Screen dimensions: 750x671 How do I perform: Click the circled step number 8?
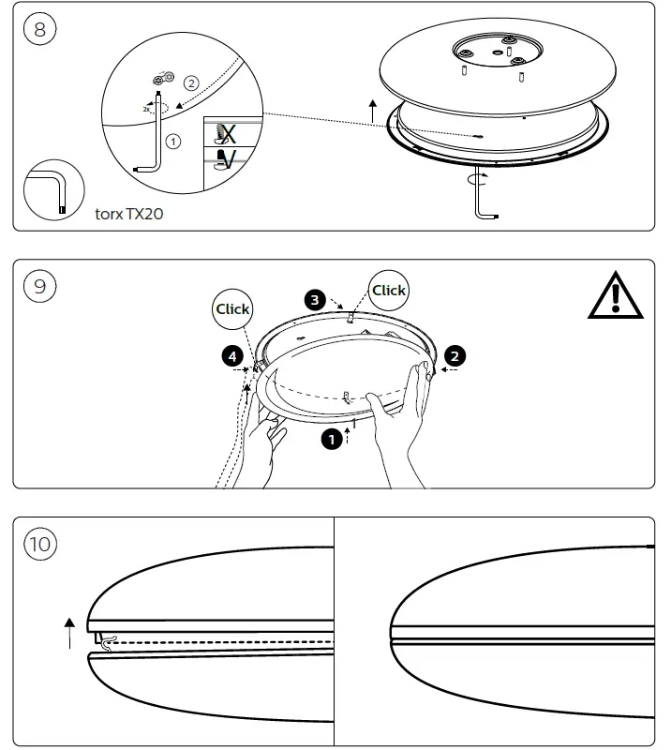tap(39, 29)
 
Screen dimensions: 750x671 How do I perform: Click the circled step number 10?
tap(41, 544)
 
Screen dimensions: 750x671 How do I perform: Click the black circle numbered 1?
tap(331, 438)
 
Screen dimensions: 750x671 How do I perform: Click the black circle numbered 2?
tap(455, 355)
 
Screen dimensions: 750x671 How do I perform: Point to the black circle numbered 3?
tap(316, 300)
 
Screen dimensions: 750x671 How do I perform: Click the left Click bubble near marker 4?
tap(232, 308)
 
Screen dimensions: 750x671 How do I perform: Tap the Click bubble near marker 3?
tap(388, 291)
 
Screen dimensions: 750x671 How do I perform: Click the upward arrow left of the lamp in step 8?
tap(372, 110)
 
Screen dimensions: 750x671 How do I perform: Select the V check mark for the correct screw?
tap(226, 158)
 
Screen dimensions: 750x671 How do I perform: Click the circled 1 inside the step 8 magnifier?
tap(172, 141)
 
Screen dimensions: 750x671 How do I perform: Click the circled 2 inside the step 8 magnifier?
tap(190, 82)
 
